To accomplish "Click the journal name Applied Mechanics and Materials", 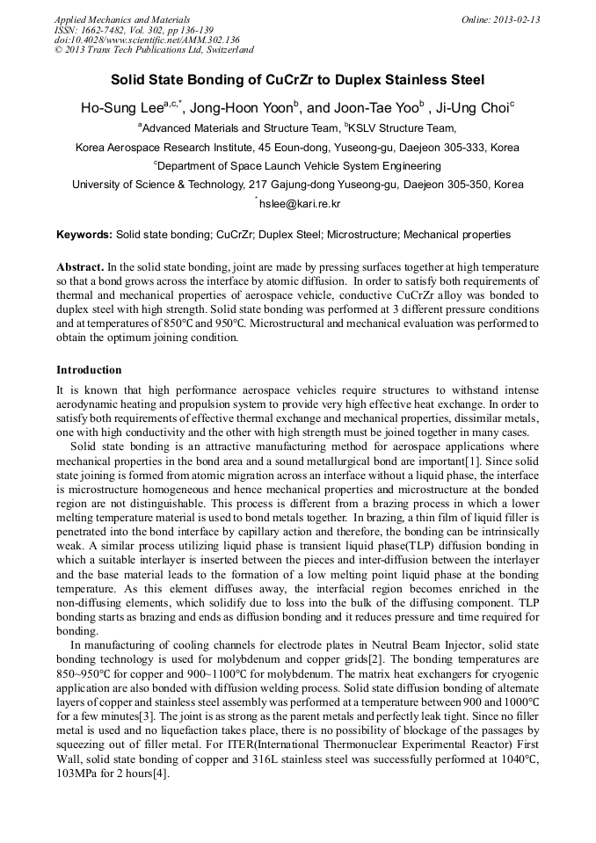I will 121,18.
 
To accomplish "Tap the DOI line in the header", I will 147,40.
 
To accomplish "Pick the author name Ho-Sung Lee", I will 122,108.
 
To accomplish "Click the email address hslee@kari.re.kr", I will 299,204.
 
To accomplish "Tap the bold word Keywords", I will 84,236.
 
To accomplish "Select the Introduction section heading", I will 89,370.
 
